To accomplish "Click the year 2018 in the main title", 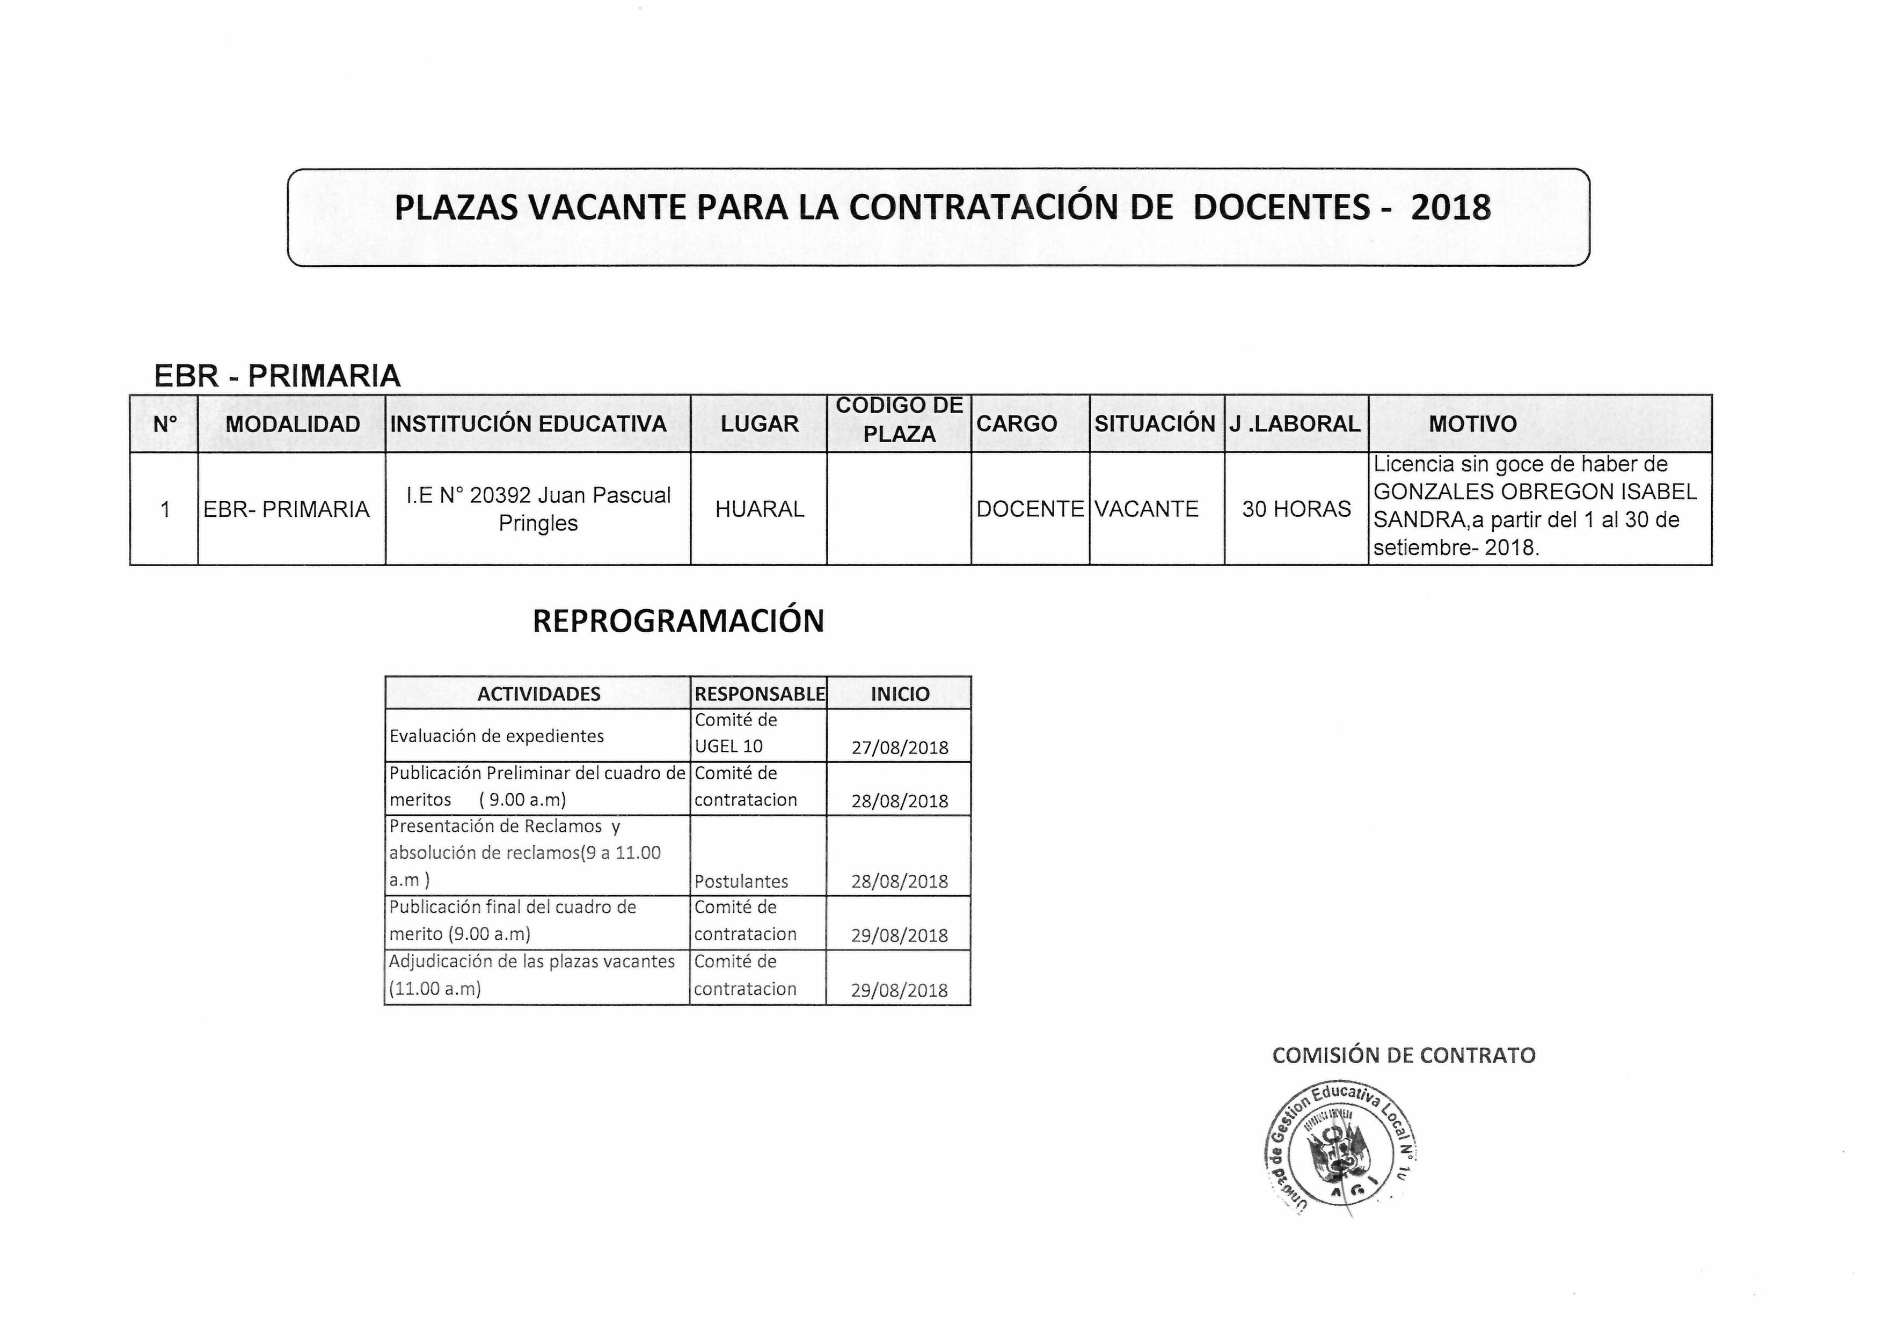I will click(x=1450, y=208).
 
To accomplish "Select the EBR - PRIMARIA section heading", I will click(x=277, y=376).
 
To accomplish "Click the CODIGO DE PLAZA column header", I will click(x=899, y=420).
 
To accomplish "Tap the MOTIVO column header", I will click(x=1472, y=424).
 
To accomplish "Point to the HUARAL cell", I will click(x=760, y=509).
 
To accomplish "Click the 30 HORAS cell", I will click(x=1296, y=509).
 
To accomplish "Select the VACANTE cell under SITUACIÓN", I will click(x=1147, y=509).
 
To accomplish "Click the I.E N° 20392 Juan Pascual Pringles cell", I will click(x=538, y=509).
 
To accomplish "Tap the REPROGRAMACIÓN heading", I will click(x=678, y=621).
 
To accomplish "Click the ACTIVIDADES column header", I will click(x=539, y=694).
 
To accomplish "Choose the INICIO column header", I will click(x=900, y=694).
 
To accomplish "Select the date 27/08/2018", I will click(x=900, y=747).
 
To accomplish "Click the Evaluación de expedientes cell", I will click(x=497, y=736).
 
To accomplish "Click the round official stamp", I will click(x=1342, y=1149).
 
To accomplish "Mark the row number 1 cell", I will click(x=165, y=509).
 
